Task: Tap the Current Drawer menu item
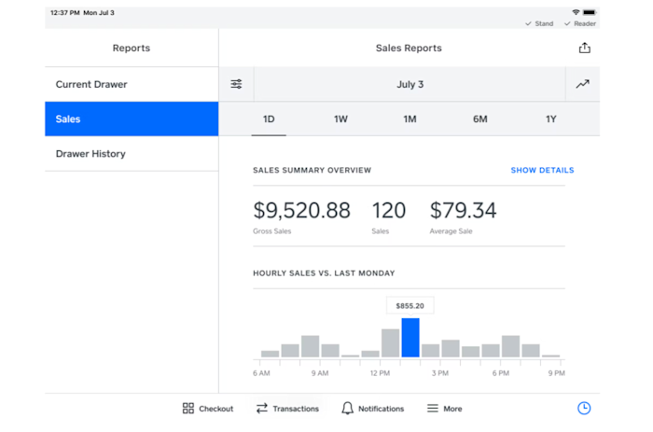click(x=91, y=84)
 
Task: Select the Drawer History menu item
click(x=90, y=154)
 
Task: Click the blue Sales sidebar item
click(x=131, y=119)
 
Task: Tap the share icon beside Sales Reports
click(x=584, y=48)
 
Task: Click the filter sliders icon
click(x=236, y=84)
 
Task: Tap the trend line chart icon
click(x=582, y=84)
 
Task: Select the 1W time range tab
click(x=340, y=119)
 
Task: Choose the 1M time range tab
click(x=410, y=119)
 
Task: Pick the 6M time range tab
click(x=479, y=119)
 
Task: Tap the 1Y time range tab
click(x=550, y=119)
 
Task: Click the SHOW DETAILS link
click(x=542, y=171)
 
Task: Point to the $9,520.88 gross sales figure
click(x=301, y=211)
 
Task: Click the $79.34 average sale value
click(x=463, y=211)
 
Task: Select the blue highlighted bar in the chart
click(x=410, y=338)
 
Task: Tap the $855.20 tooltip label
click(x=410, y=305)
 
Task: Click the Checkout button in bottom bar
click(x=207, y=409)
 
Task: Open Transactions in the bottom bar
click(x=287, y=409)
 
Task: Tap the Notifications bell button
click(x=372, y=409)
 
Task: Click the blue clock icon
click(x=584, y=409)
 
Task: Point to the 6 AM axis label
click(x=262, y=373)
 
